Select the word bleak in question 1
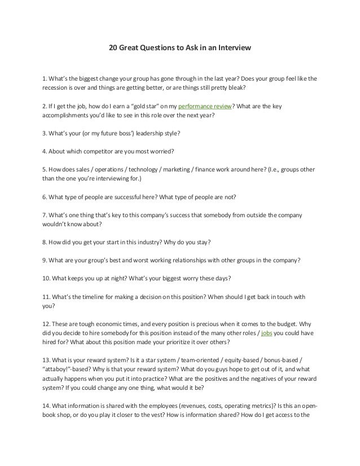click(237, 89)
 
